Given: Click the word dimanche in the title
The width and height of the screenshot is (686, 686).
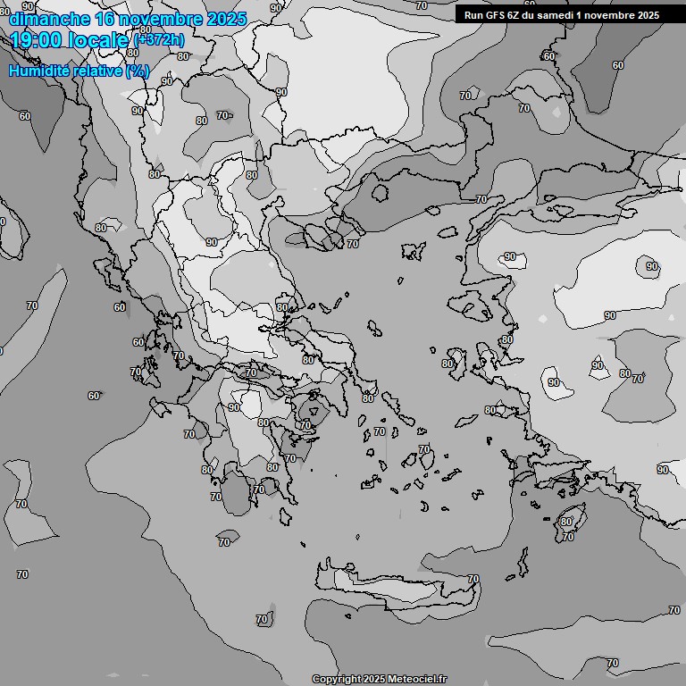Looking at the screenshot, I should (x=49, y=19).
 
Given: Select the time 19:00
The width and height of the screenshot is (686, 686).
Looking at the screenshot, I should (x=39, y=40).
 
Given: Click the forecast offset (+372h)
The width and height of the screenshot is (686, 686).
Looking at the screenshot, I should (x=158, y=39).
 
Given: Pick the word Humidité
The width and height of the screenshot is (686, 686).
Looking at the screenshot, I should (x=37, y=71).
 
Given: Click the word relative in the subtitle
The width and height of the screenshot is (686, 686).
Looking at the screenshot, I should (x=96, y=71).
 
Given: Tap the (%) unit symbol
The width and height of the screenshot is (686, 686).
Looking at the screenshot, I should (x=138, y=71).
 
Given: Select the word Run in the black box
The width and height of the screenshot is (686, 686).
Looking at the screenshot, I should (x=473, y=15).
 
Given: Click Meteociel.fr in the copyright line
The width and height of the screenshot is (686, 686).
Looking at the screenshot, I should (x=417, y=680).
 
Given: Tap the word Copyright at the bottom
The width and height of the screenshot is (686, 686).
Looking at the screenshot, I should (x=337, y=680).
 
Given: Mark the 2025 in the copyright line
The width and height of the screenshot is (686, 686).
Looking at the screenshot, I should (x=374, y=680).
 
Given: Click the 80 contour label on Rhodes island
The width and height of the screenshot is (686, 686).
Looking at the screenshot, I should (x=566, y=522).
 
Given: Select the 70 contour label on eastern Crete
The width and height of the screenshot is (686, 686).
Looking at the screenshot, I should (x=473, y=579).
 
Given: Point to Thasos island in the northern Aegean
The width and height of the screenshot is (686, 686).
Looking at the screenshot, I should (x=381, y=193).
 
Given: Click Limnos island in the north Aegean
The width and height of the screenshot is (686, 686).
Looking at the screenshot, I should (x=412, y=251).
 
